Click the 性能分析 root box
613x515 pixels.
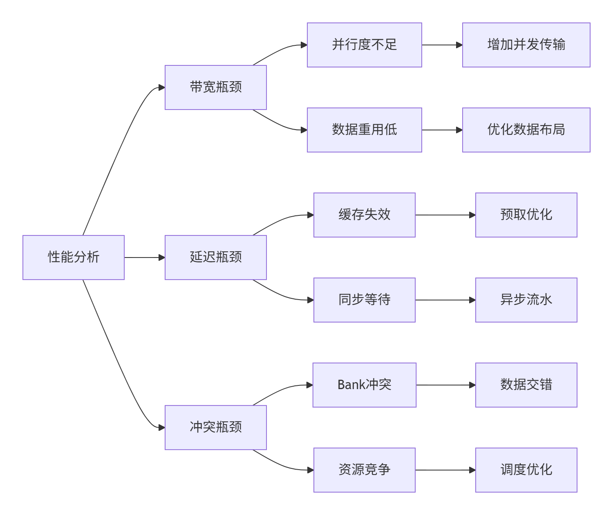74,257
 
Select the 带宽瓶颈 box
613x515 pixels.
215,87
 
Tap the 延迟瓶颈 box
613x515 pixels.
215,257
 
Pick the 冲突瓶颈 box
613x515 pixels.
215,427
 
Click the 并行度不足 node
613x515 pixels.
365,45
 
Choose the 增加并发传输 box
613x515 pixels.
526,45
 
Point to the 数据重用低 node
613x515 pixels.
365,130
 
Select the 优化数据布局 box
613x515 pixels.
526,130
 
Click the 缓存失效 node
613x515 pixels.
365,215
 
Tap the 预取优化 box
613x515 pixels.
526,215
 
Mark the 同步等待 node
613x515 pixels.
365,300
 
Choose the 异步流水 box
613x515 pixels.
526,300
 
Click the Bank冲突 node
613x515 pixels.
365,385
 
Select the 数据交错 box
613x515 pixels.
526,385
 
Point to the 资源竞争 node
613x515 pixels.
365,470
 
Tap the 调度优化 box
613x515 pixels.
526,470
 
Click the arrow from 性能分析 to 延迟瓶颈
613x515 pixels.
144,257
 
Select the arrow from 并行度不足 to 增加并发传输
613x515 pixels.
442,45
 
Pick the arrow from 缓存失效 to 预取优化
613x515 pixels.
445,215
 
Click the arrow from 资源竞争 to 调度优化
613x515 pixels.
445,470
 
